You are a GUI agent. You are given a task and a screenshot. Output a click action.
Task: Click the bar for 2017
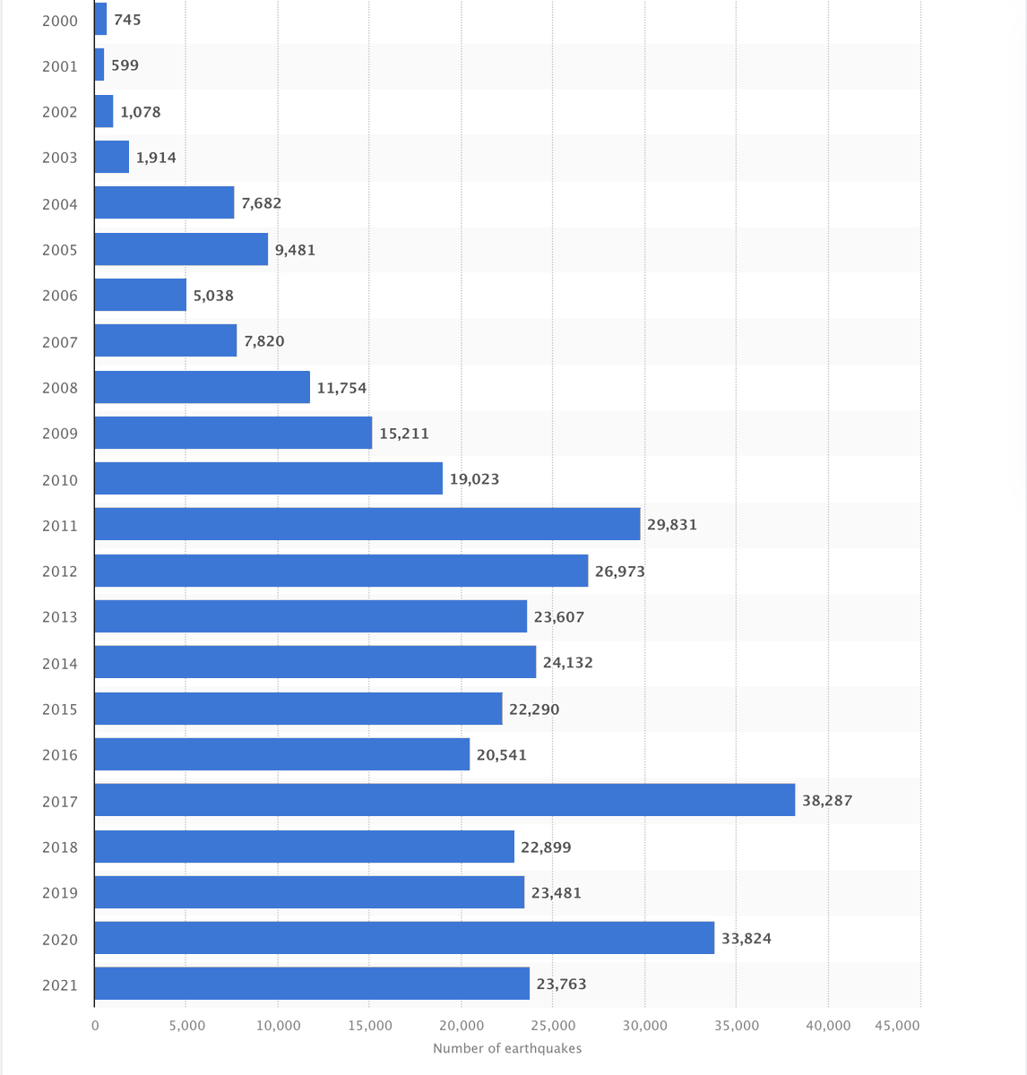pyautogui.click(x=445, y=800)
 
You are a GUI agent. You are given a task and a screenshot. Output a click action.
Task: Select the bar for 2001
pyautogui.click(x=99, y=64)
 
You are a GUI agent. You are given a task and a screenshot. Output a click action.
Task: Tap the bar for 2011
pyautogui.click(x=367, y=524)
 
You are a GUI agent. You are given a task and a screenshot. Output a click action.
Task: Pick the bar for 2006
pyautogui.click(x=141, y=295)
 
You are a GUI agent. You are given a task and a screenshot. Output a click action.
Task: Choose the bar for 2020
pyautogui.click(x=404, y=938)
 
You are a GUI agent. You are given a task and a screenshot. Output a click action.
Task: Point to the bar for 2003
pyautogui.click(x=112, y=157)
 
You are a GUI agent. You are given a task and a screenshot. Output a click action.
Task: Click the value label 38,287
pyautogui.click(x=827, y=801)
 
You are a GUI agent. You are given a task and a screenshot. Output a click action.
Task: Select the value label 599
pyautogui.click(x=125, y=65)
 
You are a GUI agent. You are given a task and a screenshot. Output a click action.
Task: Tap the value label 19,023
pyautogui.click(x=474, y=479)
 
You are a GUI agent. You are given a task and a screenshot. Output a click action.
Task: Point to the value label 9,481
pyautogui.click(x=295, y=250)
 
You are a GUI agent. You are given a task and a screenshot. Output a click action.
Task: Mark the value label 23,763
pyautogui.click(x=562, y=984)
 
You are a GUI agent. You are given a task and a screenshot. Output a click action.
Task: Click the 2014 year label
pyautogui.click(x=60, y=664)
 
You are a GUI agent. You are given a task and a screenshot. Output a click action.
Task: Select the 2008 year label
pyautogui.click(x=60, y=388)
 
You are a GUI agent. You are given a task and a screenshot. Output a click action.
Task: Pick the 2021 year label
pyautogui.click(x=60, y=985)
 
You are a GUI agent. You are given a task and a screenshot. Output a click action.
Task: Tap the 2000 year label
pyautogui.click(x=60, y=21)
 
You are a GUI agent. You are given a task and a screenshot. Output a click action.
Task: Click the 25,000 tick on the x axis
pyautogui.click(x=553, y=1026)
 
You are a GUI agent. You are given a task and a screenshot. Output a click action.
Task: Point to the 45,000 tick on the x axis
pyautogui.click(x=898, y=1026)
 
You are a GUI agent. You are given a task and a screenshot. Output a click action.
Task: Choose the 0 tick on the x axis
pyautogui.click(x=95, y=1026)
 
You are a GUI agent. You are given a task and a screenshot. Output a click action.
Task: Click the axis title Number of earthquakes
pyautogui.click(x=507, y=1048)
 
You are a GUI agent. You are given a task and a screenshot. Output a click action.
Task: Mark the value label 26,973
pyautogui.click(x=620, y=572)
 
